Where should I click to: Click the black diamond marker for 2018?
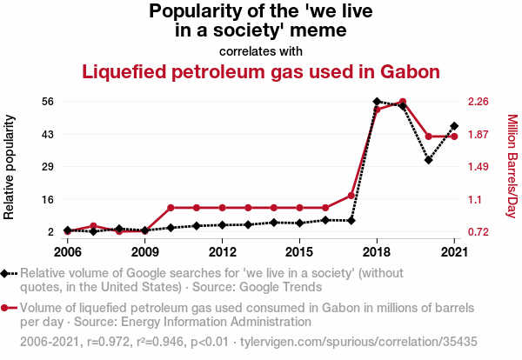pos(377,102)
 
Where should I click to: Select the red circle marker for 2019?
pos(402,102)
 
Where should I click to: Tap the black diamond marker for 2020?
pos(428,160)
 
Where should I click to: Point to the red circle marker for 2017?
pos(351,195)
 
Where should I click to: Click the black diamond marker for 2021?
pos(454,126)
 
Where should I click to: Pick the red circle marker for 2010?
pos(171,208)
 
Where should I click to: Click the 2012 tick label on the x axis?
pos(223,251)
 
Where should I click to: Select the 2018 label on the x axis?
pos(377,251)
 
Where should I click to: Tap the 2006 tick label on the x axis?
pos(67,251)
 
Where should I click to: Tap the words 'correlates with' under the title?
pos(261,50)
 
